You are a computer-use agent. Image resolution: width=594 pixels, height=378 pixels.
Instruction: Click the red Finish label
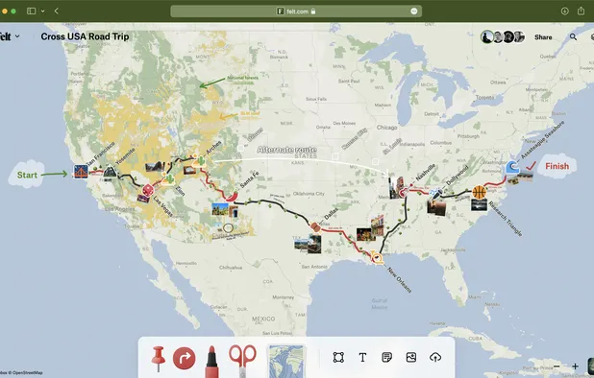557,166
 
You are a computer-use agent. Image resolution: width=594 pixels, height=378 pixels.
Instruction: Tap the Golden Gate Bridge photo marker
83,172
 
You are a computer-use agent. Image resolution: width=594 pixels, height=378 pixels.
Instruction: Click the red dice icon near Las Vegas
147,192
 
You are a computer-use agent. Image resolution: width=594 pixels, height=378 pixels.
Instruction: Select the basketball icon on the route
479,193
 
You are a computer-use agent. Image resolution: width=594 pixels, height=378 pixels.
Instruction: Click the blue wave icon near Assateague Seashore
513,168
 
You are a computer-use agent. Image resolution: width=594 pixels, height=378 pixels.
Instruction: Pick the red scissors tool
242,358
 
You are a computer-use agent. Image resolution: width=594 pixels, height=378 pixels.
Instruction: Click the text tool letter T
362,358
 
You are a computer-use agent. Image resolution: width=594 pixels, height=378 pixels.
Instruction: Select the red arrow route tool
184,359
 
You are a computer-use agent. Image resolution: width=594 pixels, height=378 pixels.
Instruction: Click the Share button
543,37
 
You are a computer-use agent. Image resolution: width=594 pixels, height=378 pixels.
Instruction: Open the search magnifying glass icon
574,37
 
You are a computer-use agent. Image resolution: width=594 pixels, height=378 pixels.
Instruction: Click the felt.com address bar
297,11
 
